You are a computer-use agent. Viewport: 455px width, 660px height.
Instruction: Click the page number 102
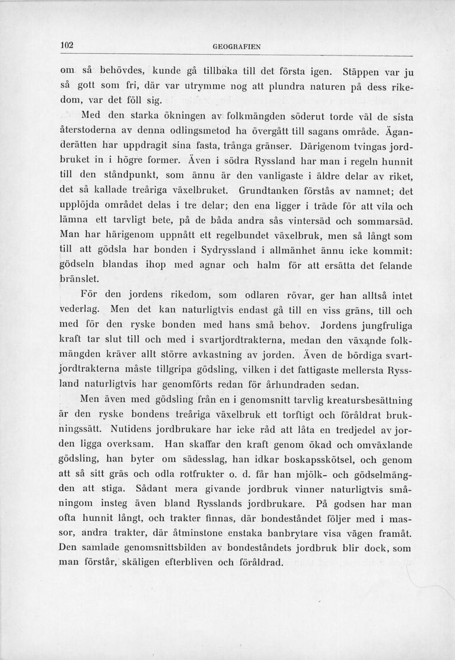tap(66, 44)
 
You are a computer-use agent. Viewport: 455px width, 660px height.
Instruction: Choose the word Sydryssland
tap(231, 250)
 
